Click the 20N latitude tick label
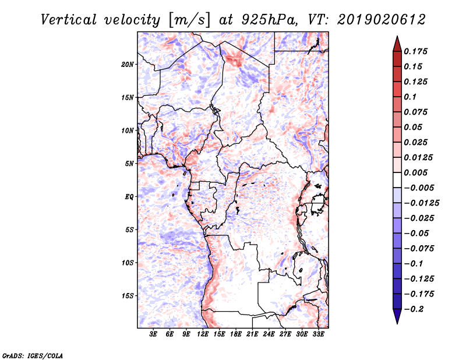tap(128, 64)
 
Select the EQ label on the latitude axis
tap(129, 197)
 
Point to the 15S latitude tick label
tap(128, 296)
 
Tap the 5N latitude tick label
tap(129, 164)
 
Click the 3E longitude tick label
tap(154, 334)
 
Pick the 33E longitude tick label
tap(318, 334)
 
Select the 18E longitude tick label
tap(236, 334)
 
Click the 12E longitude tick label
tap(203, 334)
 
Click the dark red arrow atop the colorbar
tap(396, 43)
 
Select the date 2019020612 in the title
tap(382, 19)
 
